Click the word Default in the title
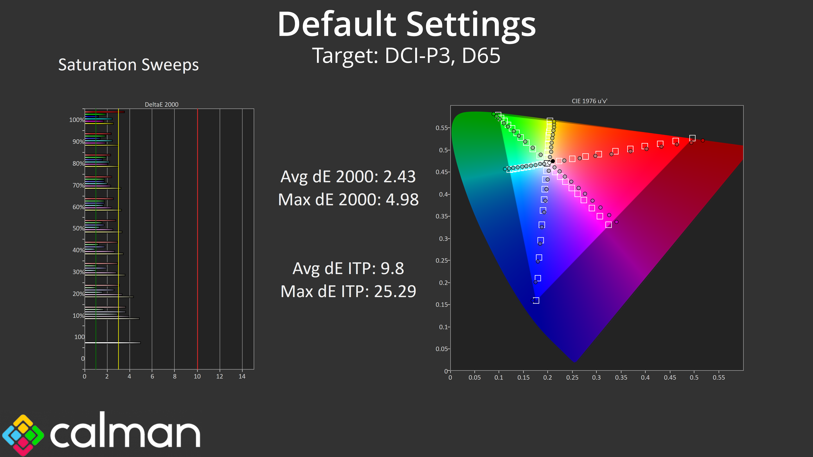[337, 25]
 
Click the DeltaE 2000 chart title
[162, 104]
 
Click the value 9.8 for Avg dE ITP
[392, 269]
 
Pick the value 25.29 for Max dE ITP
[395, 291]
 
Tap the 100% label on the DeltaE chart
[77, 120]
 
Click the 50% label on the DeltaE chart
[78, 228]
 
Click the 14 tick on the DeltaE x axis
[242, 376]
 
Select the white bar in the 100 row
[113, 343]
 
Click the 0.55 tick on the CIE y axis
[441, 128]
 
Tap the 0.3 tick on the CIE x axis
[596, 377]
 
